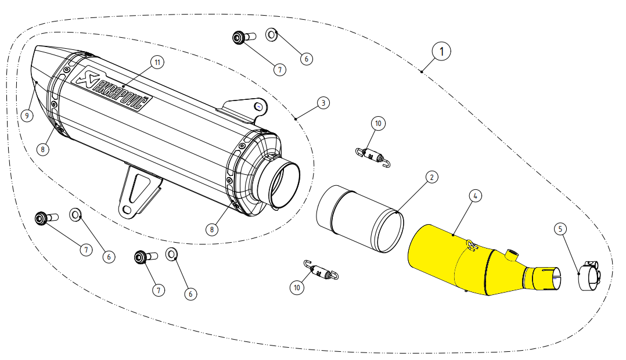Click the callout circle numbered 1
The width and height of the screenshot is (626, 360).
click(x=441, y=51)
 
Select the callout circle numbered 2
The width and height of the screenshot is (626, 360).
click(x=431, y=177)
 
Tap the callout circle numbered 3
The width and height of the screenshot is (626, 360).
click(x=323, y=103)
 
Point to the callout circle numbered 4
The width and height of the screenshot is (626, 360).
click(x=475, y=196)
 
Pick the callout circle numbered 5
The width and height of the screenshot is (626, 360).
click(x=560, y=229)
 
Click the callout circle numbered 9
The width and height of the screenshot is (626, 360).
click(x=26, y=116)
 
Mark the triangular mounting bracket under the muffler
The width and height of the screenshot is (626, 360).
click(x=138, y=192)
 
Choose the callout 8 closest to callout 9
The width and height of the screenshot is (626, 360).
click(x=42, y=149)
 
